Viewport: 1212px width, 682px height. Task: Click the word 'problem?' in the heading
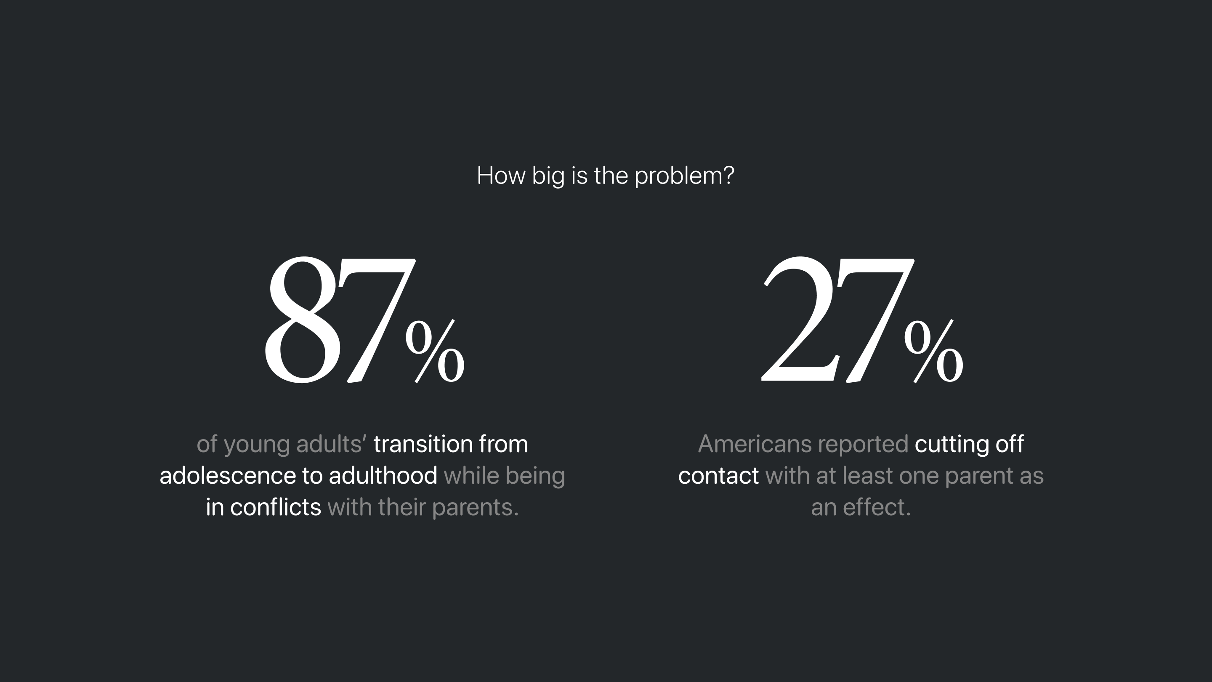(684, 176)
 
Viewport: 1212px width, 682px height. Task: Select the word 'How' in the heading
(501, 175)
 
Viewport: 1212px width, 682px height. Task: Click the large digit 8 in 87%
(303, 319)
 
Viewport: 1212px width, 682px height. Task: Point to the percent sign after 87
(435, 351)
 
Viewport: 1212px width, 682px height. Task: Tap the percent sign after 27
(933, 351)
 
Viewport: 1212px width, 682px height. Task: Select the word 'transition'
(423, 444)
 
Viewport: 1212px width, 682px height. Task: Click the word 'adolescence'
(227, 475)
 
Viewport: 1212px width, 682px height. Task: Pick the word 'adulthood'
(383, 475)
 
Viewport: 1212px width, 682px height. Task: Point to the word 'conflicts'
(276, 507)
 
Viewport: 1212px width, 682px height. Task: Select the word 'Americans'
(755, 444)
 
